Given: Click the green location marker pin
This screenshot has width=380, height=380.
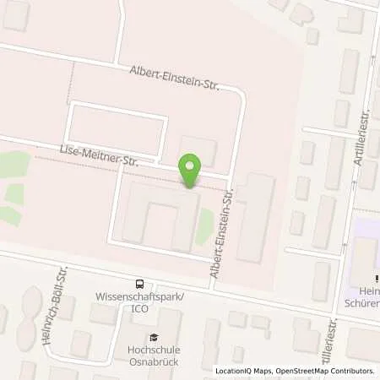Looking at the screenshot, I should pos(192,170).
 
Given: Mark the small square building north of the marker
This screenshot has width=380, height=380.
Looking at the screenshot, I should pos(198,150).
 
